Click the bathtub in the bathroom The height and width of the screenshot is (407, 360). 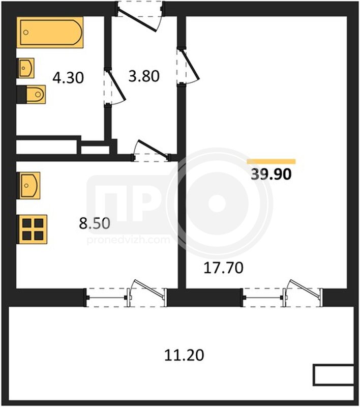point(50,33)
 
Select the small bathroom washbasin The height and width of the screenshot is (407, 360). point(25,68)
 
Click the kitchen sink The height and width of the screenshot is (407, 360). point(28,186)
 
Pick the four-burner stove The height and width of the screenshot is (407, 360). point(32,229)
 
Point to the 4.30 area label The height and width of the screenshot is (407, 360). point(68,78)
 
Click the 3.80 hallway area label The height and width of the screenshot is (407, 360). point(144,76)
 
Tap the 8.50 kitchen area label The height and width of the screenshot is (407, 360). point(95,223)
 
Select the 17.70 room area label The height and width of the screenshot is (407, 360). point(224,268)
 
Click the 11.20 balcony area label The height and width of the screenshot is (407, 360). point(184,355)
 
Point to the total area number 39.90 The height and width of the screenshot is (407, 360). point(272,174)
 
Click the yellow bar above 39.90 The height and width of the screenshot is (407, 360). point(272,161)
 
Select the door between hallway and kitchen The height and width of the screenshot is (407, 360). point(151,151)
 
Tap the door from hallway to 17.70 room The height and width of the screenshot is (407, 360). point(188,66)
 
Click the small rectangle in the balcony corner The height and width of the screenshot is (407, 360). point(334,375)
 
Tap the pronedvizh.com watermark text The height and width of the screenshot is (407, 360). point(128,240)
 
